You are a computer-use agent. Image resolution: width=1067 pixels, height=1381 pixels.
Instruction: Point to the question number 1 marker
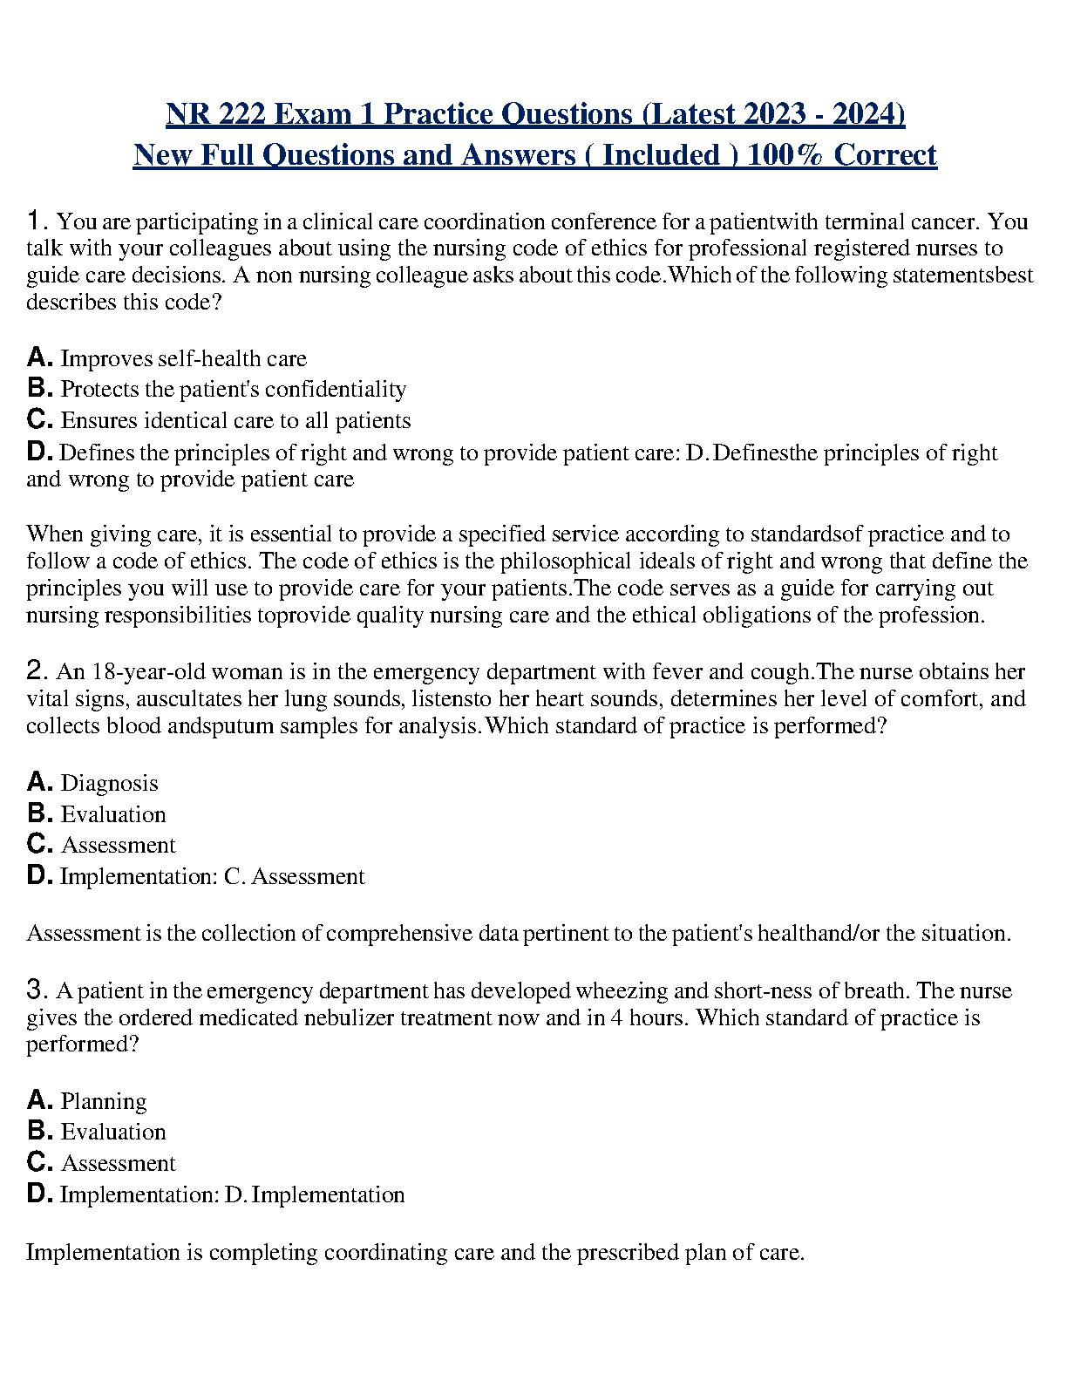[35, 221]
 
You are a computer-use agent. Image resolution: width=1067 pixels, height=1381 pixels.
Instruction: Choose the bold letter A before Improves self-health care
[39, 357]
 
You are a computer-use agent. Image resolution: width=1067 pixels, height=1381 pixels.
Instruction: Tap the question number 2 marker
[36, 671]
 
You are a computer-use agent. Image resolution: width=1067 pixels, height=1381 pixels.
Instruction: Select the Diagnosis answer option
[109, 783]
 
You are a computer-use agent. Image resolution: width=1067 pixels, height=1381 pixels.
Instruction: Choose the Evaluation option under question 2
[112, 814]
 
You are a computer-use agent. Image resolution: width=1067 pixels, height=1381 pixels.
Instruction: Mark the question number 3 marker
[36, 990]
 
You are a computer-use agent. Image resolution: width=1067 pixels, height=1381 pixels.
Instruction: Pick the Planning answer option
[104, 1101]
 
